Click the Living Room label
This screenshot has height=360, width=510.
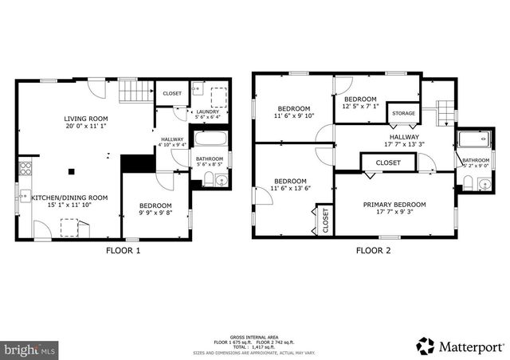coord(85,119)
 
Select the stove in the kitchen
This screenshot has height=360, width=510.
coord(25,169)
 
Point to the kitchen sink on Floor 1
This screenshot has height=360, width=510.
coord(24,196)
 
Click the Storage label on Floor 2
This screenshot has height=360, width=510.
coord(403,114)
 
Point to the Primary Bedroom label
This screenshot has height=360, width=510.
coord(394,205)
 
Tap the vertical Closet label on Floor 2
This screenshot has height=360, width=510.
coord(325,221)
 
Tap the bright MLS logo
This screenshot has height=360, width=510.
coord(30,349)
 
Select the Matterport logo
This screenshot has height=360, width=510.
coord(461,346)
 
